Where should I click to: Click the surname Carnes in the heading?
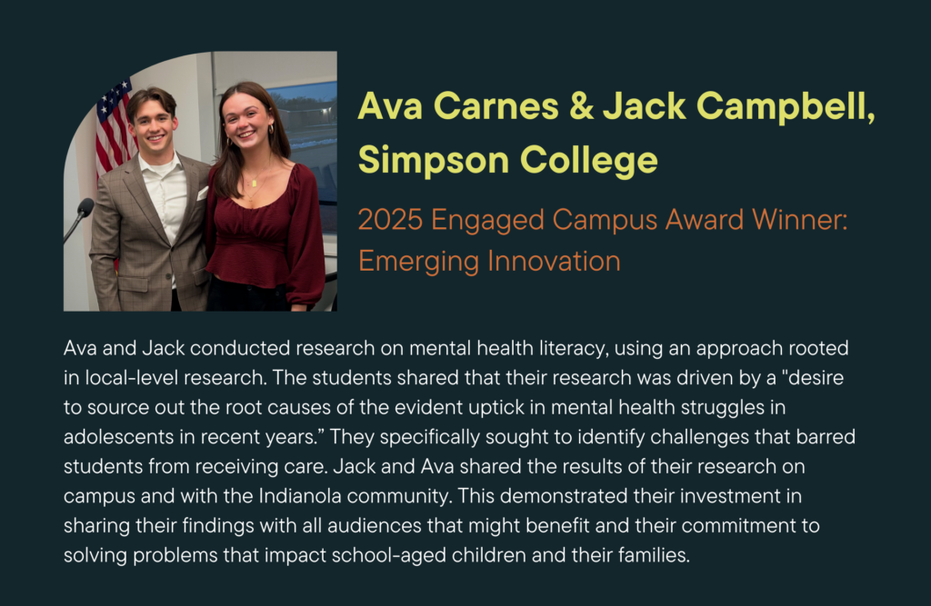coord(496,106)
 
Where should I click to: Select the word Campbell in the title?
coord(785,106)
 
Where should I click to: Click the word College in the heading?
coord(589,160)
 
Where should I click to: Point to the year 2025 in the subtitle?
coord(391,220)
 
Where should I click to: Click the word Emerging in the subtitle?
coord(418,262)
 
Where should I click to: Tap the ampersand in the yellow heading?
coord(581,106)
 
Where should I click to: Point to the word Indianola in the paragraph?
coord(300,495)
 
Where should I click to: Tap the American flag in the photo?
coord(115,131)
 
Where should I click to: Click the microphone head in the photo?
coord(85,207)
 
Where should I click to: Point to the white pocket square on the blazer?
coord(202,194)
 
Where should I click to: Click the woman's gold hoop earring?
coord(271,129)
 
